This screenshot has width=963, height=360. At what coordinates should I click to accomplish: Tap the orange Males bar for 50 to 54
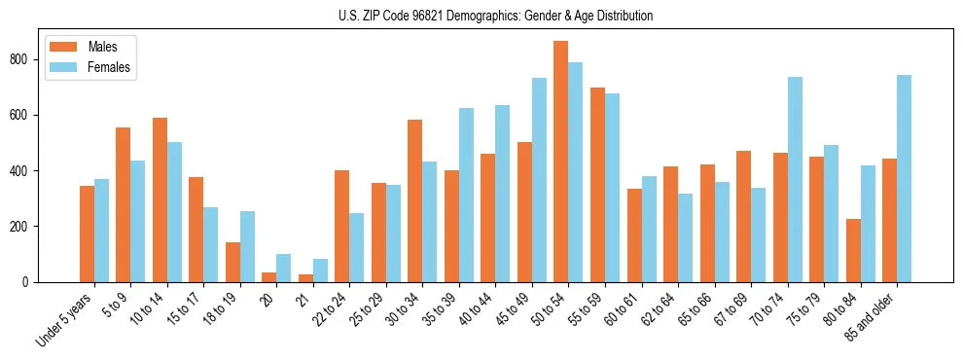pos(561,162)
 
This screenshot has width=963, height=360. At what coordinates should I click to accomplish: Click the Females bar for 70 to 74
pos(795,179)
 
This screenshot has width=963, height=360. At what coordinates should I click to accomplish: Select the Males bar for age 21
pos(305,278)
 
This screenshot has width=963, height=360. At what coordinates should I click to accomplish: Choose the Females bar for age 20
pos(284,269)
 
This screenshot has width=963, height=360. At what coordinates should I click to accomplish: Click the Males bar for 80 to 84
pos(853,250)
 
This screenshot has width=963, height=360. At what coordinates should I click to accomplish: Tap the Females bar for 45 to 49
pos(539,180)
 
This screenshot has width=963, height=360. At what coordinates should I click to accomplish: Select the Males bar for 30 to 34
pos(415,200)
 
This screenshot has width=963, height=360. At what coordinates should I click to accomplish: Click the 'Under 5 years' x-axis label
pos(65,319)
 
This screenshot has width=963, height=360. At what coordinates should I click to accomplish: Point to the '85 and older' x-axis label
pos(870,316)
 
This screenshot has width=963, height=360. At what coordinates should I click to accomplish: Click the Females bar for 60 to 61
pos(649,229)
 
